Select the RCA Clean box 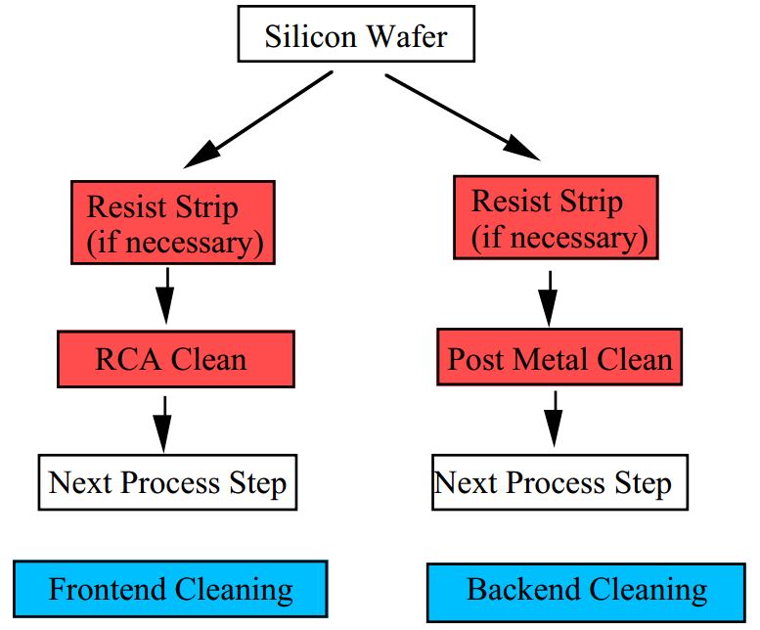175,359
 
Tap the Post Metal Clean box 559,359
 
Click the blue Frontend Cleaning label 170,590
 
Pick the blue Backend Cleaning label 586,590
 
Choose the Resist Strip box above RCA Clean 172,223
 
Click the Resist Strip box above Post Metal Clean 556,217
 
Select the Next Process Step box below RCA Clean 167,482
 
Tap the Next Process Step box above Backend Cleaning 553,483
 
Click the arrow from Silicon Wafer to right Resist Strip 460,114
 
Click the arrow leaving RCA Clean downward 162,422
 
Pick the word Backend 522,590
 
